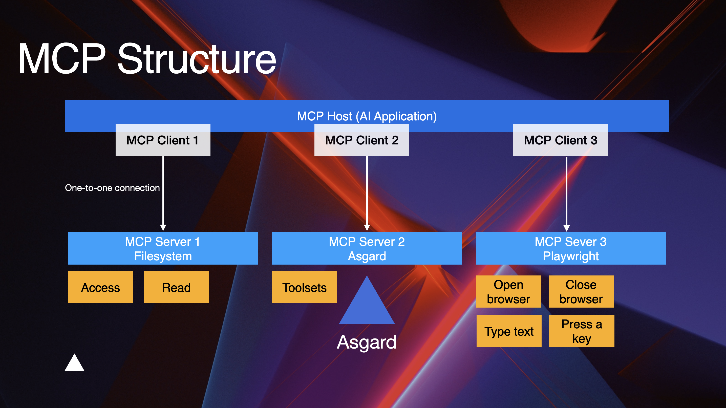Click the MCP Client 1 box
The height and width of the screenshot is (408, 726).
click(163, 140)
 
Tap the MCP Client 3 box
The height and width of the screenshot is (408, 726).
click(560, 140)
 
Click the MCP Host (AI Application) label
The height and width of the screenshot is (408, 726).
click(367, 116)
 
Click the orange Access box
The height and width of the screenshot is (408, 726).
click(100, 287)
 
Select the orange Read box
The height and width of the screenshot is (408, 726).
click(176, 287)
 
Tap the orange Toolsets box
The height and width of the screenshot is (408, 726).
click(304, 287)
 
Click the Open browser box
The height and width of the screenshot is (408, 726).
click(508, 292)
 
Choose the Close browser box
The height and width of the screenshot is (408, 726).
click(581, 292)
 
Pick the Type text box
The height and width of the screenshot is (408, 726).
click(509, 331)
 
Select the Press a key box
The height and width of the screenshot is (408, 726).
click(582, 331)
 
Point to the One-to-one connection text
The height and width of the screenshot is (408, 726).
click(112, 188)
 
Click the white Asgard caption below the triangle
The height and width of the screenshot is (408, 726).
click(367, 342)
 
